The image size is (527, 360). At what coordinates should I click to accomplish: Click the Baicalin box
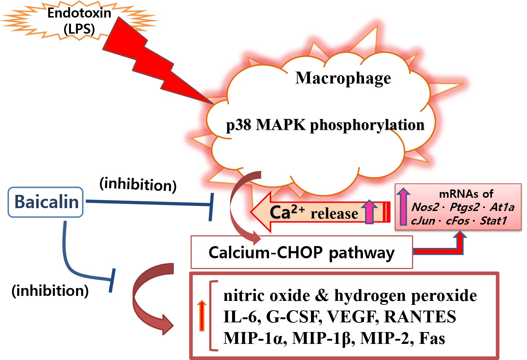[46, 202]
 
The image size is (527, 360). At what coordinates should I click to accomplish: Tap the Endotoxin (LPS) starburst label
[79, 20]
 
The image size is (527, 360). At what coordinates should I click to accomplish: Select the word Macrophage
[343, 78]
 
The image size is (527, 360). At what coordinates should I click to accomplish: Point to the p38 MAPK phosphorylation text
[325, 125]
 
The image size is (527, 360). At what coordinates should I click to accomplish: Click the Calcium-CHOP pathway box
[301, 252]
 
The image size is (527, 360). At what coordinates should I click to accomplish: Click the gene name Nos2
[425, 207]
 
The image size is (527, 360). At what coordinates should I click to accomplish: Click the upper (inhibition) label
[138, 184]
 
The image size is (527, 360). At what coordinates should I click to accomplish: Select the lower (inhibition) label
[50, 291]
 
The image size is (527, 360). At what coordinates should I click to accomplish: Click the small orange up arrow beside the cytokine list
[202, 315]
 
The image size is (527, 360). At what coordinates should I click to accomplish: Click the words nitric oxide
[267, 296]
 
